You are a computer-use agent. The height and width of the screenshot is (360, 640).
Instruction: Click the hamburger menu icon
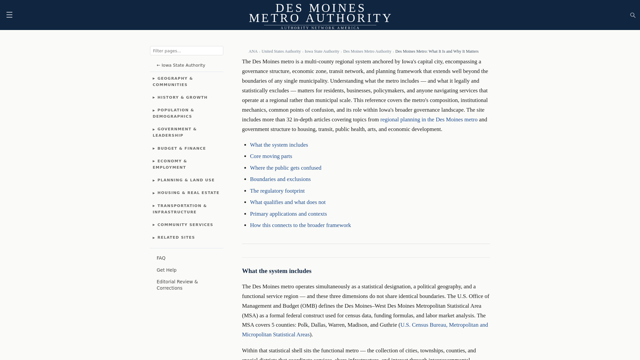tap(9, 15)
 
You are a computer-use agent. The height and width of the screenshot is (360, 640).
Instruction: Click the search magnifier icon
tap(633, 15)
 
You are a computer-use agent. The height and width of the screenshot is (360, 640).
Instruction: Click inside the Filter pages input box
tap(186, 51)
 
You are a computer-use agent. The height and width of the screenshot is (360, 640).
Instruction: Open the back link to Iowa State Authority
tap(181, 65)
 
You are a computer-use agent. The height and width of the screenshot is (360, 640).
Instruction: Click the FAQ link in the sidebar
tap(161, 258)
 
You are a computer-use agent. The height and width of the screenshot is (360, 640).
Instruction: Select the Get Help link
tap(166, 270)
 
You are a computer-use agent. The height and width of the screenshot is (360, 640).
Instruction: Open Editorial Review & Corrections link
tap(177, 285)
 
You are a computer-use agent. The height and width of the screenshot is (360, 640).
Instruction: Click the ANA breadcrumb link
tap(253, 51)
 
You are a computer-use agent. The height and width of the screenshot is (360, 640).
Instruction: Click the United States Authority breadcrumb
tap(281, 51)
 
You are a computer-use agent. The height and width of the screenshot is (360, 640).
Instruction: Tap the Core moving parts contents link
tap(271, 156)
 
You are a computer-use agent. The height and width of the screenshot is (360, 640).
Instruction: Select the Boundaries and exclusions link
tap(280, 179)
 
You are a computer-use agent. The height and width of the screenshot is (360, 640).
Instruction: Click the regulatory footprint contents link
tap(277, 191)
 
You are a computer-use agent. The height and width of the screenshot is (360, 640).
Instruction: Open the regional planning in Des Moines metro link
tap(429, 120)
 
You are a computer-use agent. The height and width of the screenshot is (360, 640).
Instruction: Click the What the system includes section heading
tap(277, 271)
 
